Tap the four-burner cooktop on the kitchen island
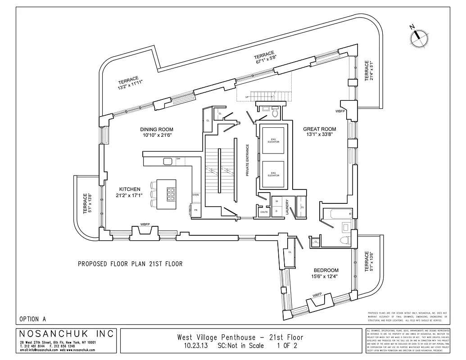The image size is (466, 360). tap(171, 194)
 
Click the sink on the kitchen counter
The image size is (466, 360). tap(168, 161)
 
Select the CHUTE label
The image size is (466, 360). tap(264, 212)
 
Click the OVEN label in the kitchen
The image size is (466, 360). tap(195, 195)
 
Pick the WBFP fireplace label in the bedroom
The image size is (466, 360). tap(317, 295)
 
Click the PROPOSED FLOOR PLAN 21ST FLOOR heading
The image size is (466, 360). tap(130, 264)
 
